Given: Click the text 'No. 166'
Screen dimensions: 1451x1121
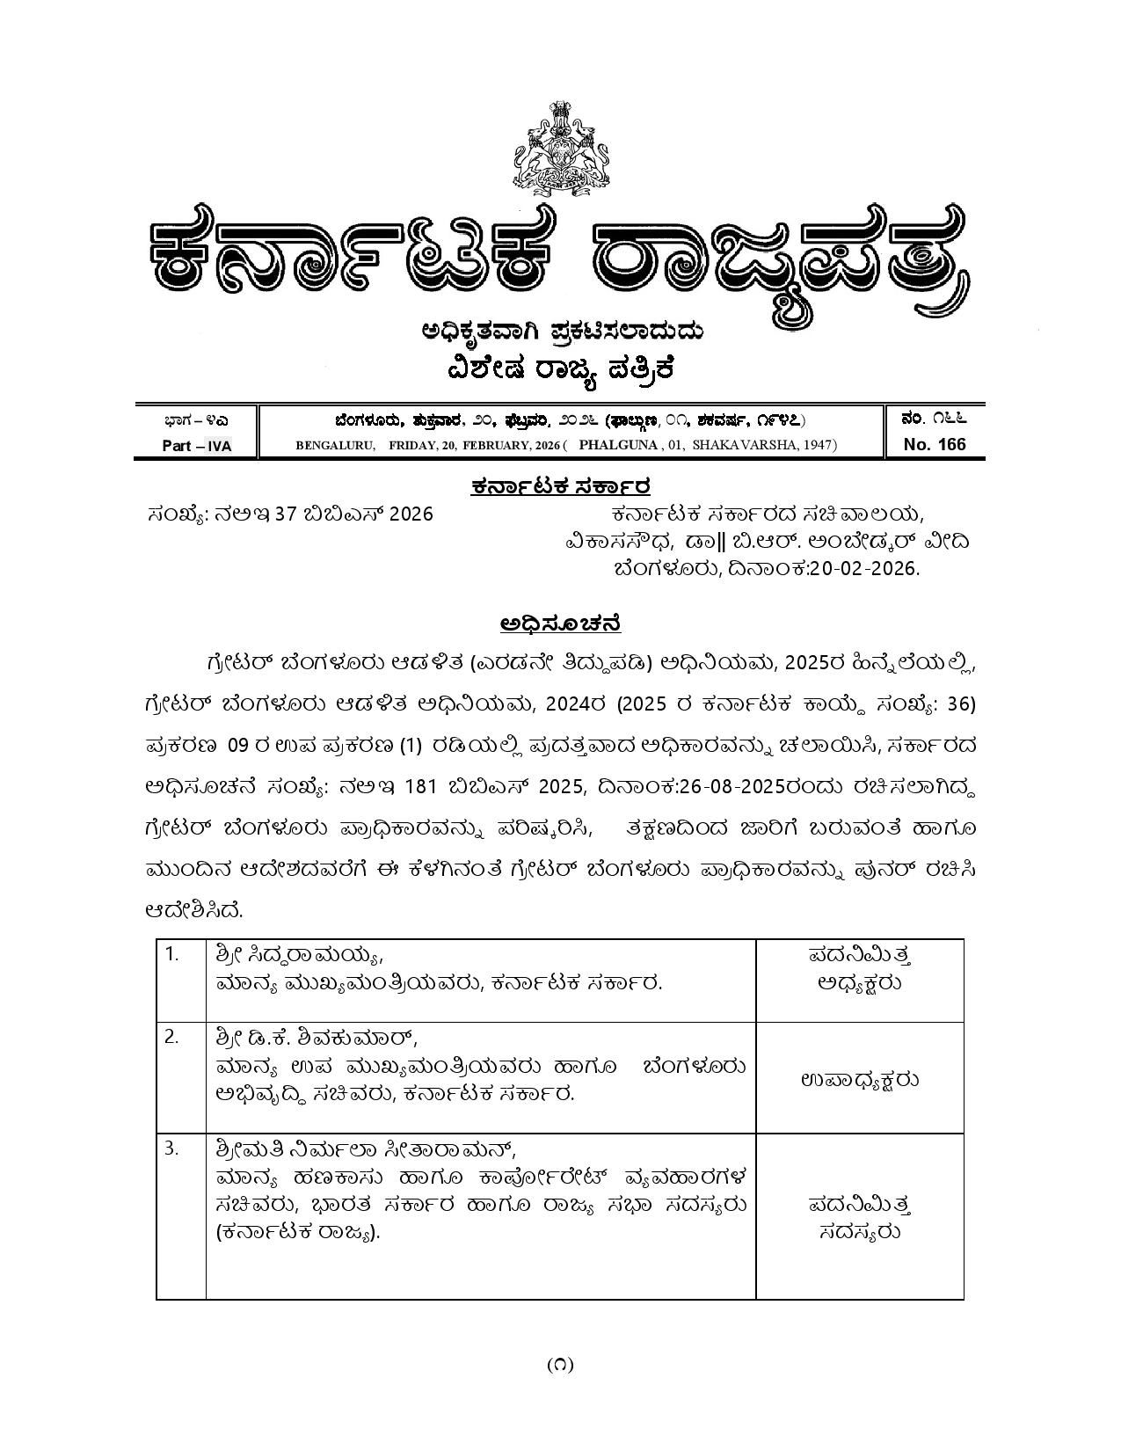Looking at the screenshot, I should tap(934, 444).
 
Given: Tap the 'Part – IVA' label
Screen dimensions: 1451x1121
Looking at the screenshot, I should tap(197, 446).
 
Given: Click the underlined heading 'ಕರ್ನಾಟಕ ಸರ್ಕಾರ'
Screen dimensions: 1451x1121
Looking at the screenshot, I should tap(560, 486).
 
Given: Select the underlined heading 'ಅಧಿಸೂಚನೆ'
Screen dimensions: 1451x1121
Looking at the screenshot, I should tap(560, 623).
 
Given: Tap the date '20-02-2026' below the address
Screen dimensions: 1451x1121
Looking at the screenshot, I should tap(863, 568).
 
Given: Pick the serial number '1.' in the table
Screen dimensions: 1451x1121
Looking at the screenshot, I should tap(172, 953).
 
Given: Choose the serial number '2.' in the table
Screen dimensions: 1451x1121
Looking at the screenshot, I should tap(172, 1037).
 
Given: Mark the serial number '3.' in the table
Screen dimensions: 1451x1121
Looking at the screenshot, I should tap(172, 1148).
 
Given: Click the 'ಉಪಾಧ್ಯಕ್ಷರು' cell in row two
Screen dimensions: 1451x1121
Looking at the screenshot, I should tap(859, 1080).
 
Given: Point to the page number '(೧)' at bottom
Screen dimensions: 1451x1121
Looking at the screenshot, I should tap(560, 1364).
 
